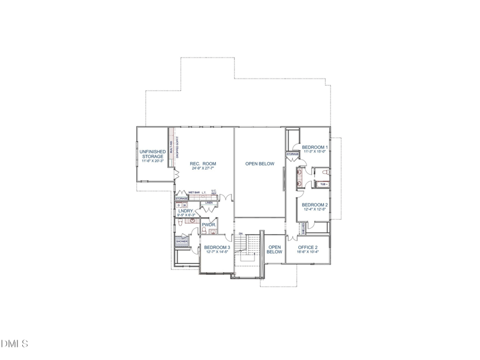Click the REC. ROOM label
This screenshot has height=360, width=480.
pyautogui.click(x=203, y=164)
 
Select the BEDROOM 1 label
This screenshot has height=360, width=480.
pyautogui.click(x=314, y=148)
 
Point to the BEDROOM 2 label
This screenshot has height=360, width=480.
pyautogui.click(x=314, y=205)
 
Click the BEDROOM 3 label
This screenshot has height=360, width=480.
pyautogui.click(x=217, y=247)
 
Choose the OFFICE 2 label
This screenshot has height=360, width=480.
pyautogui.click(x=308, y=247)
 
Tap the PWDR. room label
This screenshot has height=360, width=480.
pyautogui.click(x=209, y=226)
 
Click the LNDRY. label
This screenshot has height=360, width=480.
pyautogui.click(x=185, y=211)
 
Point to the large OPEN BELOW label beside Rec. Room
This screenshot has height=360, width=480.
pyautogui.click(x=259, y=164)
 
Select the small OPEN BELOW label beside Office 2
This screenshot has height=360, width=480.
pyautogui.click(x=274, y=250)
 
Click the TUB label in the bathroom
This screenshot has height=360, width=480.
pyautogui.click(x=323, y=184)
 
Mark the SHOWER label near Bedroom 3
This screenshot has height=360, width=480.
pyautogui.click(x=181, y=241)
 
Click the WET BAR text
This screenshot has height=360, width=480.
pyautogui.click(x=194, y=193)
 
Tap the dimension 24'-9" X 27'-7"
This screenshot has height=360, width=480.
pyautogui.click(x=203, y=169)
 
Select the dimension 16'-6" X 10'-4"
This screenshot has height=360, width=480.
pyautogui.click(x=308, y=252)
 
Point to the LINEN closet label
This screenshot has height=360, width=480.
pyautogui.click(x=209, y=203)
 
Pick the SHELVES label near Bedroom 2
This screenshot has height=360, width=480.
pyautogui.click(x=304, y=229)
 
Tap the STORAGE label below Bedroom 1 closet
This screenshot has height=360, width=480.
pyautogui.click(x=292, y=154)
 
